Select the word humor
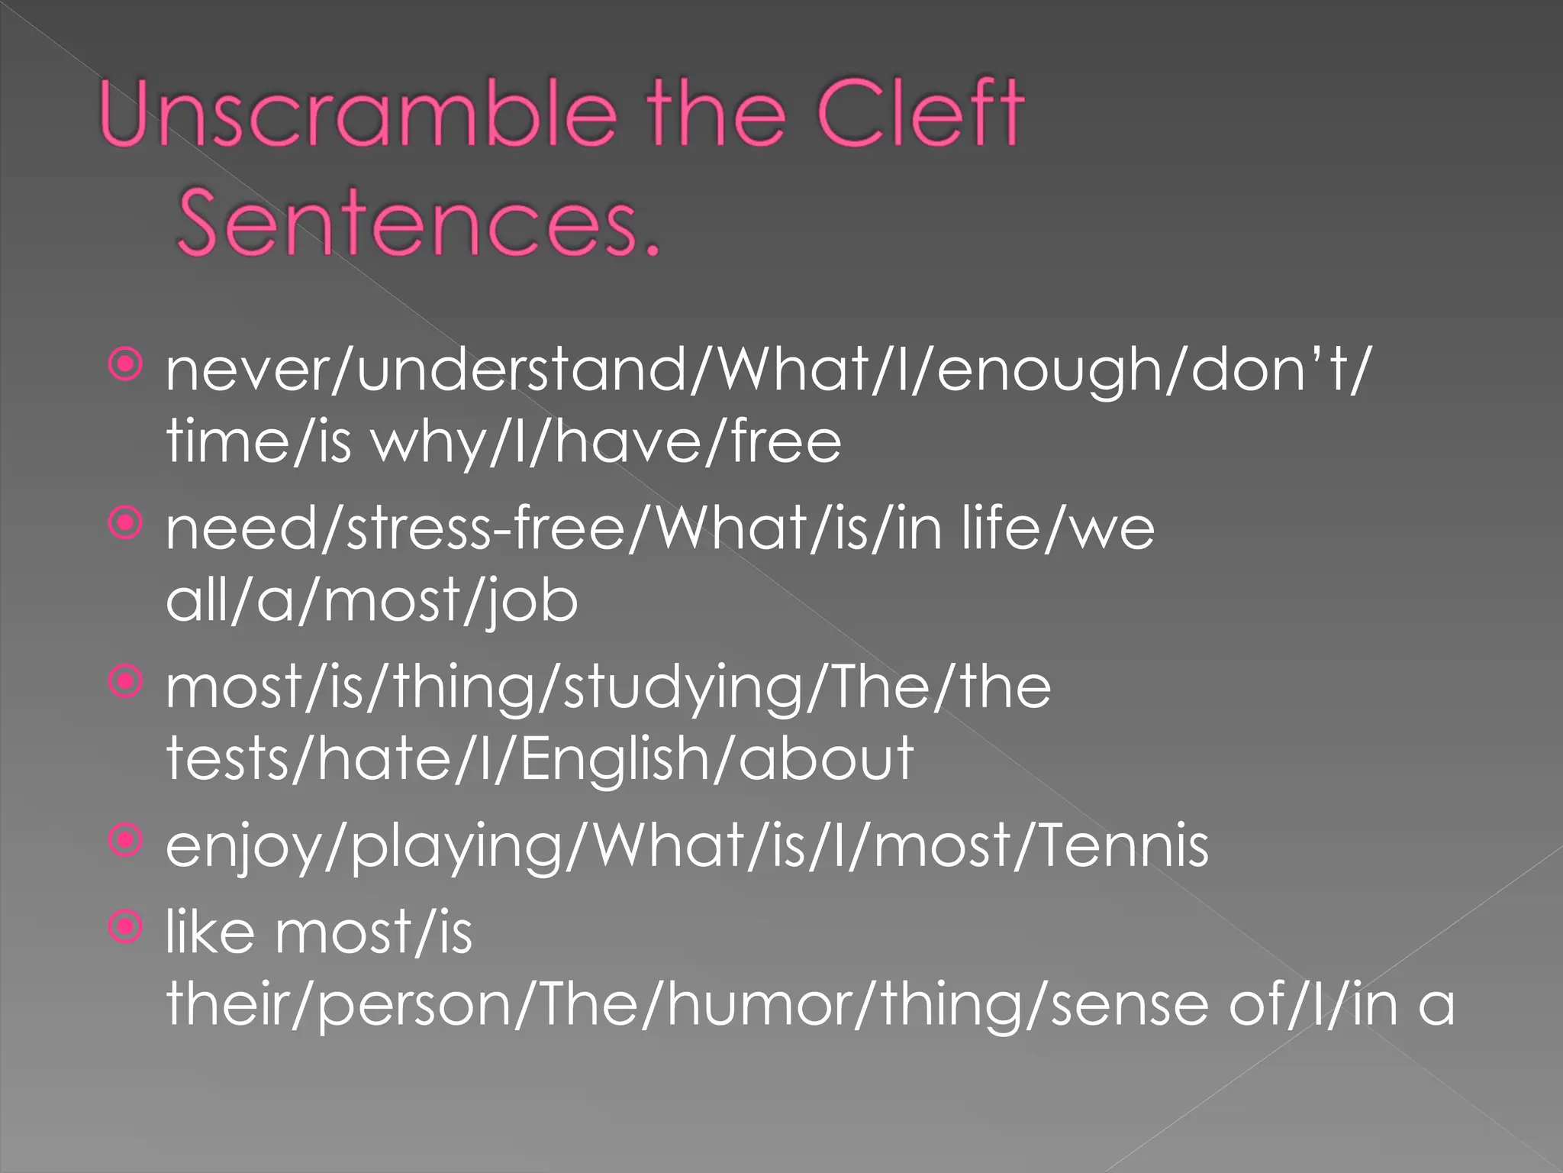pyautogui.click(x=752, y=1004)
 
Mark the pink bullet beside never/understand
pyautogui.click(x=125, y=365)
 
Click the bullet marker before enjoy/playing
pyautogui.click(x=125, y=841)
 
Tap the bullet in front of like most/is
pyautogui.click(x=125, y=928)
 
